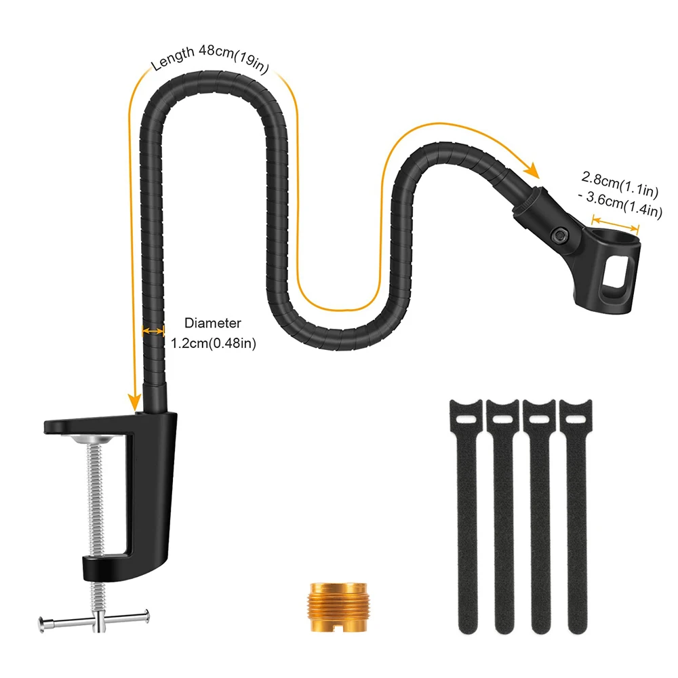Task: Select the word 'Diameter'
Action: click(212, 324)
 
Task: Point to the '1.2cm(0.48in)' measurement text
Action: click(212, 343)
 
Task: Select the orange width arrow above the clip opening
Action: click(615, 223)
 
